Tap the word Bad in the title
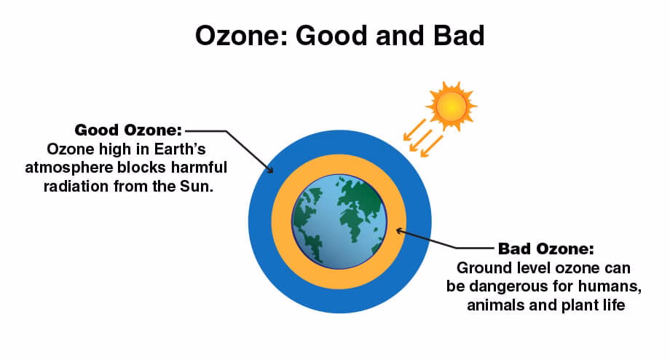pos(459,36)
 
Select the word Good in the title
pos(331,36)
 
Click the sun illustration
pos(452,106)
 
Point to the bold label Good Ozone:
pos(128,130)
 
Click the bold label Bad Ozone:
pos(546,249)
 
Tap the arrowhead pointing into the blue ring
pos(269,169)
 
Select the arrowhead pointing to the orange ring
pos(400,231)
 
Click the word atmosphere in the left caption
pos(69,168)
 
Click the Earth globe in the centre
pos(339,222)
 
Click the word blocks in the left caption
pos(143,167)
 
